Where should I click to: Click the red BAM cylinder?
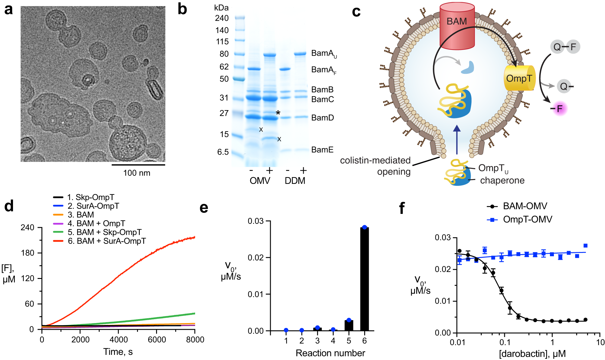pyautogui.click(x=457, y=27)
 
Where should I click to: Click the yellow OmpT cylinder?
pyautogui.click(x=519, y=78)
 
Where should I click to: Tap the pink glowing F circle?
pyautogui.click(x=560, y=109)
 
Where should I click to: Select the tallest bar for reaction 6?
pyautogui.click(x=364, y=278)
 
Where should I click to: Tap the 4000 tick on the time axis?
pyautogui.click(x=118, y=339)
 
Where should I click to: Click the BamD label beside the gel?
pyautogui.click(x=322, y=118)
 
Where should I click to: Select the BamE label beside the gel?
pyautogui.click(x=322, y=150)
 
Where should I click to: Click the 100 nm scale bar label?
pyautogui.click(x=136, y=173)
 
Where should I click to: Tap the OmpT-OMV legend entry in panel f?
pyautogui.click(x=527, y=219)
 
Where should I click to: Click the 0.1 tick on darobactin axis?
pyautogui.click(x=505, y=342)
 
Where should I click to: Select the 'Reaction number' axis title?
pyautogui.click(x=330, y=353)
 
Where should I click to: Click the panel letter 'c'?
pyautogui.click(x=356, y=11)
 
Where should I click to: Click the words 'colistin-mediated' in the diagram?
pyautogui.click(x=375, y=160)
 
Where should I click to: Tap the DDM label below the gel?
pyautogui.click(x=295, y=181)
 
